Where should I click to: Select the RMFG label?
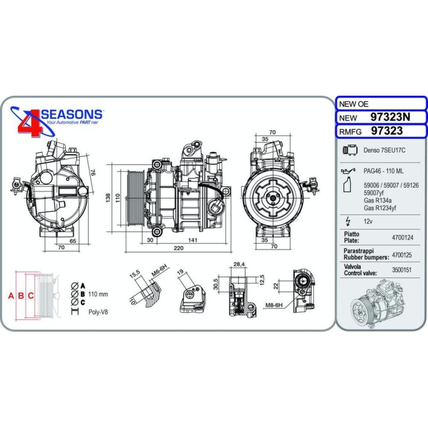click(x=350, y=131)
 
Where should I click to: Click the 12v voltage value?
click(x=368, y=221)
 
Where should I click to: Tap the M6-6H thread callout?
click(x=159, y=272)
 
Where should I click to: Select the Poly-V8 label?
click(x=98, y=311)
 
